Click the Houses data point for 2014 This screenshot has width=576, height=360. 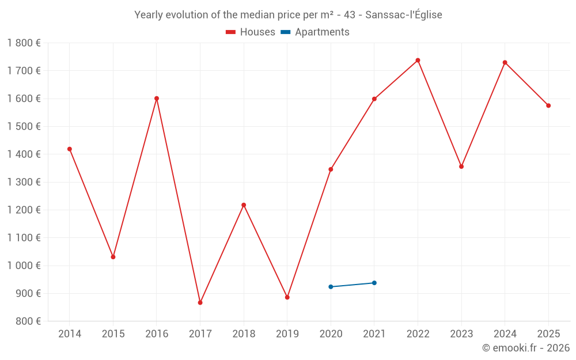pos(70,149)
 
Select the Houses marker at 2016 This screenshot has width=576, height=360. pos(157,98)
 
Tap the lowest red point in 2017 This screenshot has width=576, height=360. pos(200,302)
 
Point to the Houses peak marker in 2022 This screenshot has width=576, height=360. pos(418,60)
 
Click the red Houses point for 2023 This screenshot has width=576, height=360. pos(461,166)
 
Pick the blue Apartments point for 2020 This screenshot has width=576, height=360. pos(331,287)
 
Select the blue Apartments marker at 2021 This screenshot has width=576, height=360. pos(374,283)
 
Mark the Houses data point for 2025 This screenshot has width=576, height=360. pos(548,105)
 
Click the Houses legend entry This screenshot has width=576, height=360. pos(251,32)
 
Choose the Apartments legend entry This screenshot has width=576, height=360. pos(315,32)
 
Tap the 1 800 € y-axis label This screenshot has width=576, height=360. pos(24,43)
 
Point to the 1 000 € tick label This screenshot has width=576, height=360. pos(24,266)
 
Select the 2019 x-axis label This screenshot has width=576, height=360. pos(287,334)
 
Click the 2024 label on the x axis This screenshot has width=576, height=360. pos(505,334)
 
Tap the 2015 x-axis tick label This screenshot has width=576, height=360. pos(113,334)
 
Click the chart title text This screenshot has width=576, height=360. pos(288,15)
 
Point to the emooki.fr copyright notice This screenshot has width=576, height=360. pos(525,348)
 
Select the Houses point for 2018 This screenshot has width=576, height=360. pos(244,205)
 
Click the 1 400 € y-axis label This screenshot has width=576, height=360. pos(24,154)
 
